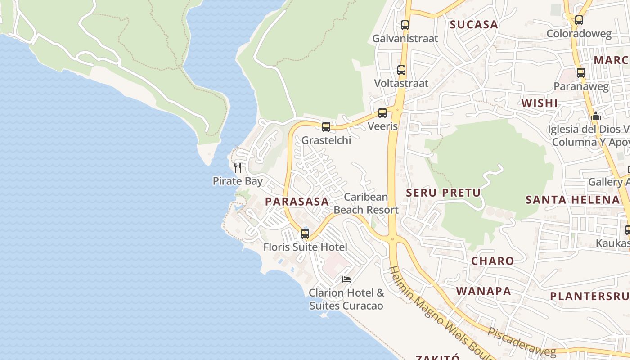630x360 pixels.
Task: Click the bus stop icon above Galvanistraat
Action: point(405,25)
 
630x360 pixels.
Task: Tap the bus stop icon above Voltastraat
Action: point(401,70)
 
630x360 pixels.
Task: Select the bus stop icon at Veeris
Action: point(382,113)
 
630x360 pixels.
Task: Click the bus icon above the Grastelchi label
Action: point(326,127)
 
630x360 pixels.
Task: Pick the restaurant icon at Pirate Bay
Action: point(238,168)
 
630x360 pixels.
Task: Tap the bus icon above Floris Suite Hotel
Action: point(305,234)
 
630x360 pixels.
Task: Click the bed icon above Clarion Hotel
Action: point(346,279)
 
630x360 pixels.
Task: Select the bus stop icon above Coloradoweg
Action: point(579,20)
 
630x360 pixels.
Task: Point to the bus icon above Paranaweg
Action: point(581,73)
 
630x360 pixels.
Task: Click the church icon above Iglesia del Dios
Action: point(596,116)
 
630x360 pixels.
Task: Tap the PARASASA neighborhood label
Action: point(297,202)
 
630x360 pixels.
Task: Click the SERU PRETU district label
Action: point(443,193)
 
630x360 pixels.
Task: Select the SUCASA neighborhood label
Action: point(474,25)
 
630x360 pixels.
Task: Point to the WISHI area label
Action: point(540,103)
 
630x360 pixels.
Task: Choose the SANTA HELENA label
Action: point(572,200)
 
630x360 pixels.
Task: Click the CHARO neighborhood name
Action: point(492,261)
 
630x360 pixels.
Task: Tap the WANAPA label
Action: point(484,291)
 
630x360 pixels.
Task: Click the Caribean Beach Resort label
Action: point(366,203)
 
